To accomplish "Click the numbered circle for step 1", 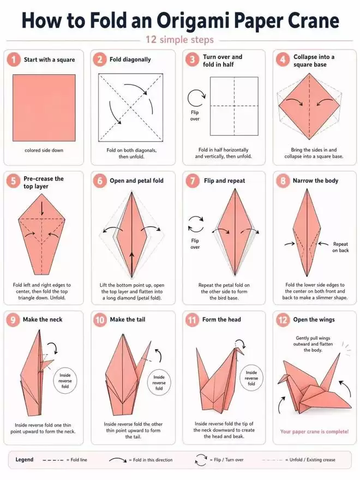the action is tap(14, 59).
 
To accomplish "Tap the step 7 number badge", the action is tap(192, 181).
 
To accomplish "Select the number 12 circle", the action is tap(283, 320).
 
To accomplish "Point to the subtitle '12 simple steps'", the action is tap(179, 40).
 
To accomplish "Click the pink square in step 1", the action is tap(44, 108).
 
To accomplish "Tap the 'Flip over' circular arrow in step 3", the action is tap(196, 98).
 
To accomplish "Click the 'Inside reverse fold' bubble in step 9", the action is tap(65, 381).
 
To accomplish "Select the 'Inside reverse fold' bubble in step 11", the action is tap(251, 378).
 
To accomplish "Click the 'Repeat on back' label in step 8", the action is tap(340, 247).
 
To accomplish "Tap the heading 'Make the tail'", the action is tap(128, 320).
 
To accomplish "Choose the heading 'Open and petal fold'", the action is tap(136, 181).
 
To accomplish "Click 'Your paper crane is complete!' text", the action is tap(314, 431).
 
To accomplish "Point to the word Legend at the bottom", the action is tap(25, 459).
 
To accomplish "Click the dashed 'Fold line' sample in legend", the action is tap(53, 460).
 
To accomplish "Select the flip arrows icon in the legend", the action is tap(201, 460).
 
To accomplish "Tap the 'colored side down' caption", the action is tap(44, 151).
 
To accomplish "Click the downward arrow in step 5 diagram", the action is tap(42, 209).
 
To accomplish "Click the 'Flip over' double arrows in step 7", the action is tap(196, 225).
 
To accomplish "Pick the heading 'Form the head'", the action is tap(221, 320).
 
